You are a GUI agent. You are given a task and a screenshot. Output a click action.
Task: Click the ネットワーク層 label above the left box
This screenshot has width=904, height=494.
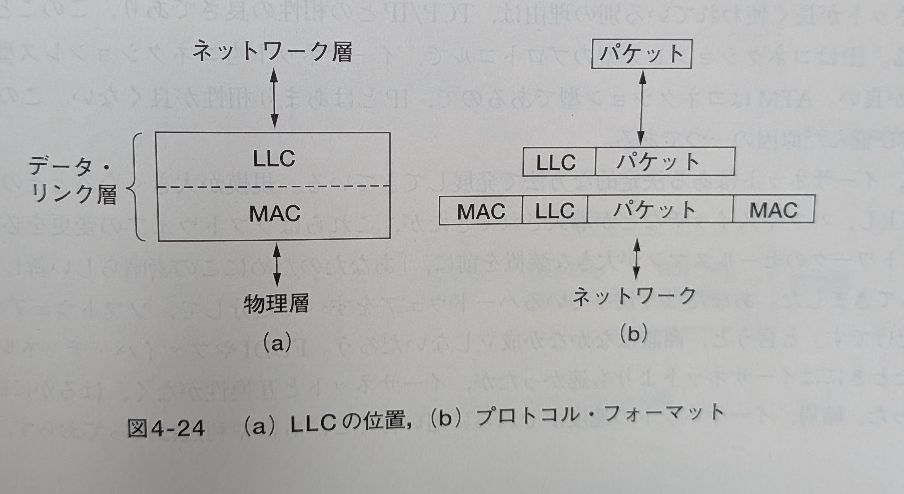coord(272,52)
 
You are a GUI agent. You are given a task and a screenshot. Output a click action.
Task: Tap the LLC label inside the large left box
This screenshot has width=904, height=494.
coord(274,159)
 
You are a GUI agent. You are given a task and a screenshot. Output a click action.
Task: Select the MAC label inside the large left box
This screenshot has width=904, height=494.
coord(274,213)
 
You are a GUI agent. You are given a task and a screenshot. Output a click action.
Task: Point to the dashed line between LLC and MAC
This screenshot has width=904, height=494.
coord(274,187)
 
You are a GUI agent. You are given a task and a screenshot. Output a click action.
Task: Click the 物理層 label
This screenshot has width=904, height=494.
coord(276,304)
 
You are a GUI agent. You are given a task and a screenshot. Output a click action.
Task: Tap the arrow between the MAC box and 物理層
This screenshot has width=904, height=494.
coord(277,265)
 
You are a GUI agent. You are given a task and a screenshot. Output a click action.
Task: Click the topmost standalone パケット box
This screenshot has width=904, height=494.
coord(641,54)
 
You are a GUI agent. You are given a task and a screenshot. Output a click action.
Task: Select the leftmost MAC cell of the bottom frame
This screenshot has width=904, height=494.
coord(480,211)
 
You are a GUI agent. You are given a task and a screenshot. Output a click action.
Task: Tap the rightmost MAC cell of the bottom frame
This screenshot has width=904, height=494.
coord(773,210)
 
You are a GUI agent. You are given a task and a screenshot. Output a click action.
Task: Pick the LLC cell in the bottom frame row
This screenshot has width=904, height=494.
coord(554,210)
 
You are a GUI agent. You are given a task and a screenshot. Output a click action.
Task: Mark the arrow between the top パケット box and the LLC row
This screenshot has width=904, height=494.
coord(641,108)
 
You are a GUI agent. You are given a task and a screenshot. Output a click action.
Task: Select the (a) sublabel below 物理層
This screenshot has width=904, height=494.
coord(277,343)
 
